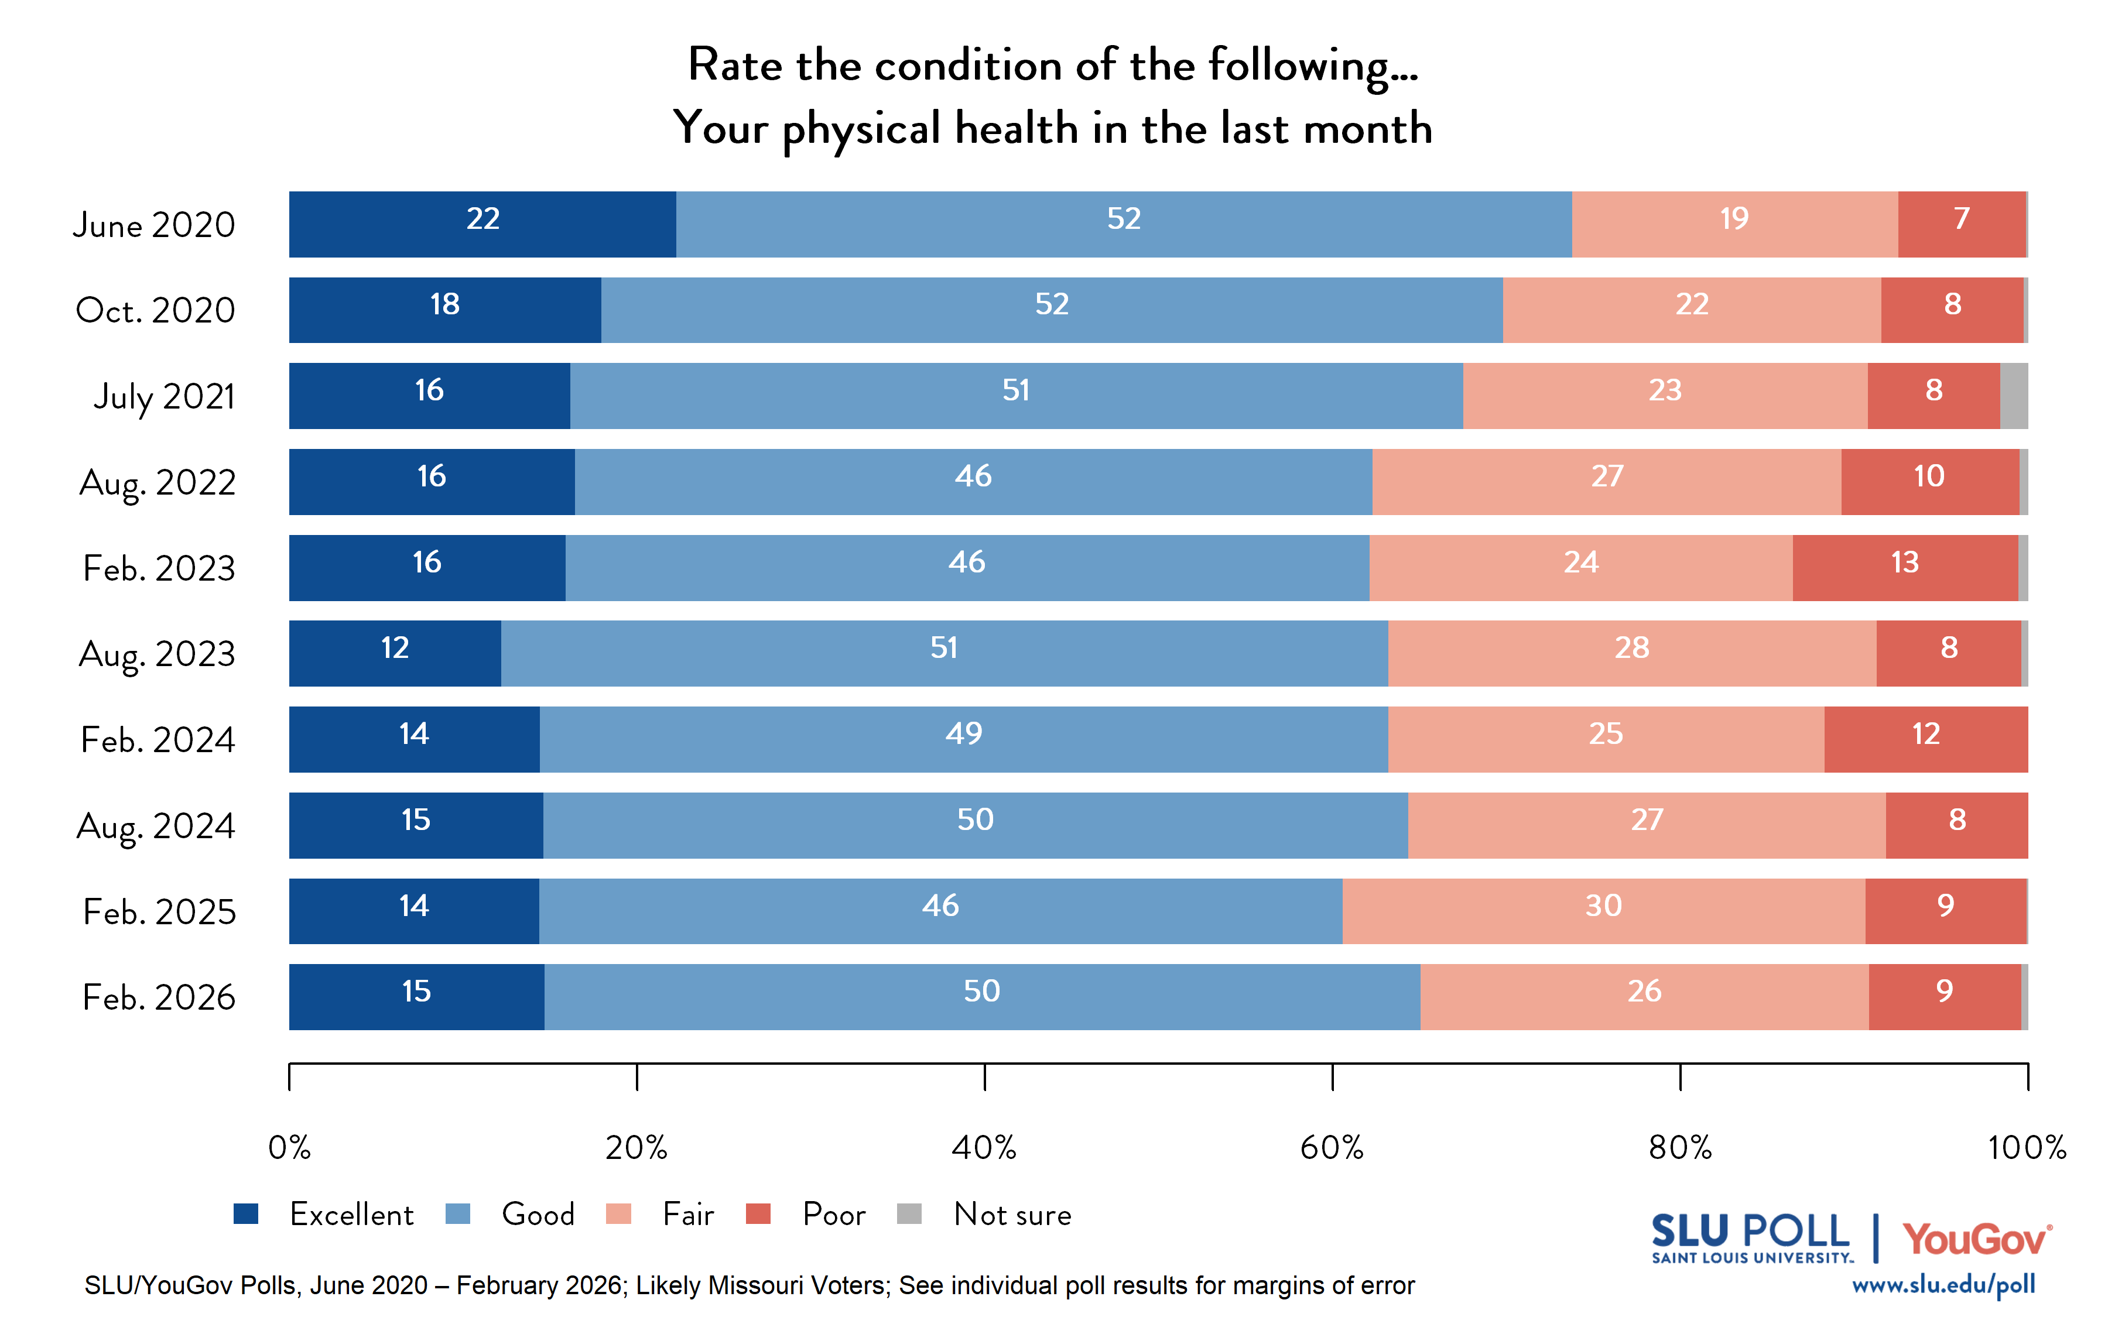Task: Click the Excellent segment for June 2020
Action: click(x=482, y=224)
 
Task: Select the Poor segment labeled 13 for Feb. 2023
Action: click(x=1904, y=567)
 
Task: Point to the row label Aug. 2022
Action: click(x=158, y=482)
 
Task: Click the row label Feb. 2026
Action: click(x=159, y=997)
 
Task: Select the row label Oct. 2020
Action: click(x=156, y=310)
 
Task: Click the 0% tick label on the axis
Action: click(x=289, y=1148)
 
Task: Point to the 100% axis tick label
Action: click(x=2026, y=1148)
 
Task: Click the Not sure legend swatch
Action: click(x=909, y=1213)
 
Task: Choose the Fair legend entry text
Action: click(x=687, y=1214)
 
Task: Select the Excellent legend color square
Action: click(x=246, y=1213)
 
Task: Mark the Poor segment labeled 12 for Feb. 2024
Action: click(x=1925, y=739)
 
